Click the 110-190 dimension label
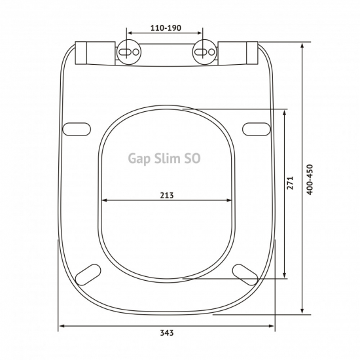coord(166,28)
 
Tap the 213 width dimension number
coord(167,196)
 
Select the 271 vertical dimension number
coord(290,183)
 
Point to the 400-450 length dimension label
coord(310,180)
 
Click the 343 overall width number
coord(167,333)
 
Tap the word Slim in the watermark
coord(167,158)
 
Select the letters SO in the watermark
coord(192,158)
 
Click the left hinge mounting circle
coord(129,52)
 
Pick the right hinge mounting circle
coord(205,52)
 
